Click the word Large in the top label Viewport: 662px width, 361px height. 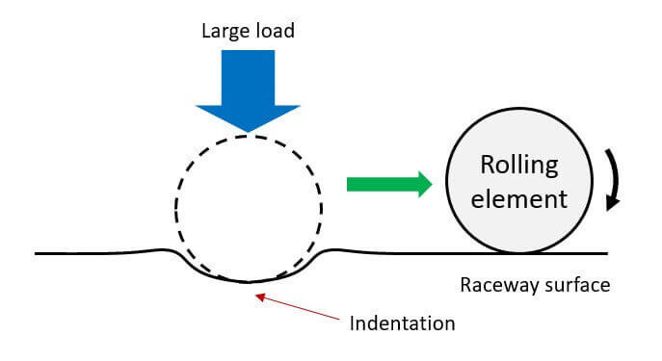(226, 32)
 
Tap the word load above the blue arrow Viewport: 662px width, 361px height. (276, 31)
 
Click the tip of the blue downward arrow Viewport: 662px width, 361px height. (249, 132)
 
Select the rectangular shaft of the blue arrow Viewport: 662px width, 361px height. (249, 78)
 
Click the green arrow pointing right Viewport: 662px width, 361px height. (389, 184)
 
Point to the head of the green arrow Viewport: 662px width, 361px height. (424, 184)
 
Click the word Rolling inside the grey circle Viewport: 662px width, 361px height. (519, 166)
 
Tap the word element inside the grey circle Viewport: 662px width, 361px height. (518, 199)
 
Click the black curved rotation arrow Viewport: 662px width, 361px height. (615, 177)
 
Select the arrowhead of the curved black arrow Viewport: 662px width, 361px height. (612, 202)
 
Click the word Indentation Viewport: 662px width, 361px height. (403, 323)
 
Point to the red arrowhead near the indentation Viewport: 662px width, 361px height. (260, 297)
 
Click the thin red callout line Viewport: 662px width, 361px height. (298, 307)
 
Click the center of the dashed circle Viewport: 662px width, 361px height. (249, 208)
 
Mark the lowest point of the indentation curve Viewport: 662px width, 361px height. (248, 281)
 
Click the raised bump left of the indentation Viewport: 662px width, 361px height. (163, 250)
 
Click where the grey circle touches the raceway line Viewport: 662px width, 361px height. (519, 253)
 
